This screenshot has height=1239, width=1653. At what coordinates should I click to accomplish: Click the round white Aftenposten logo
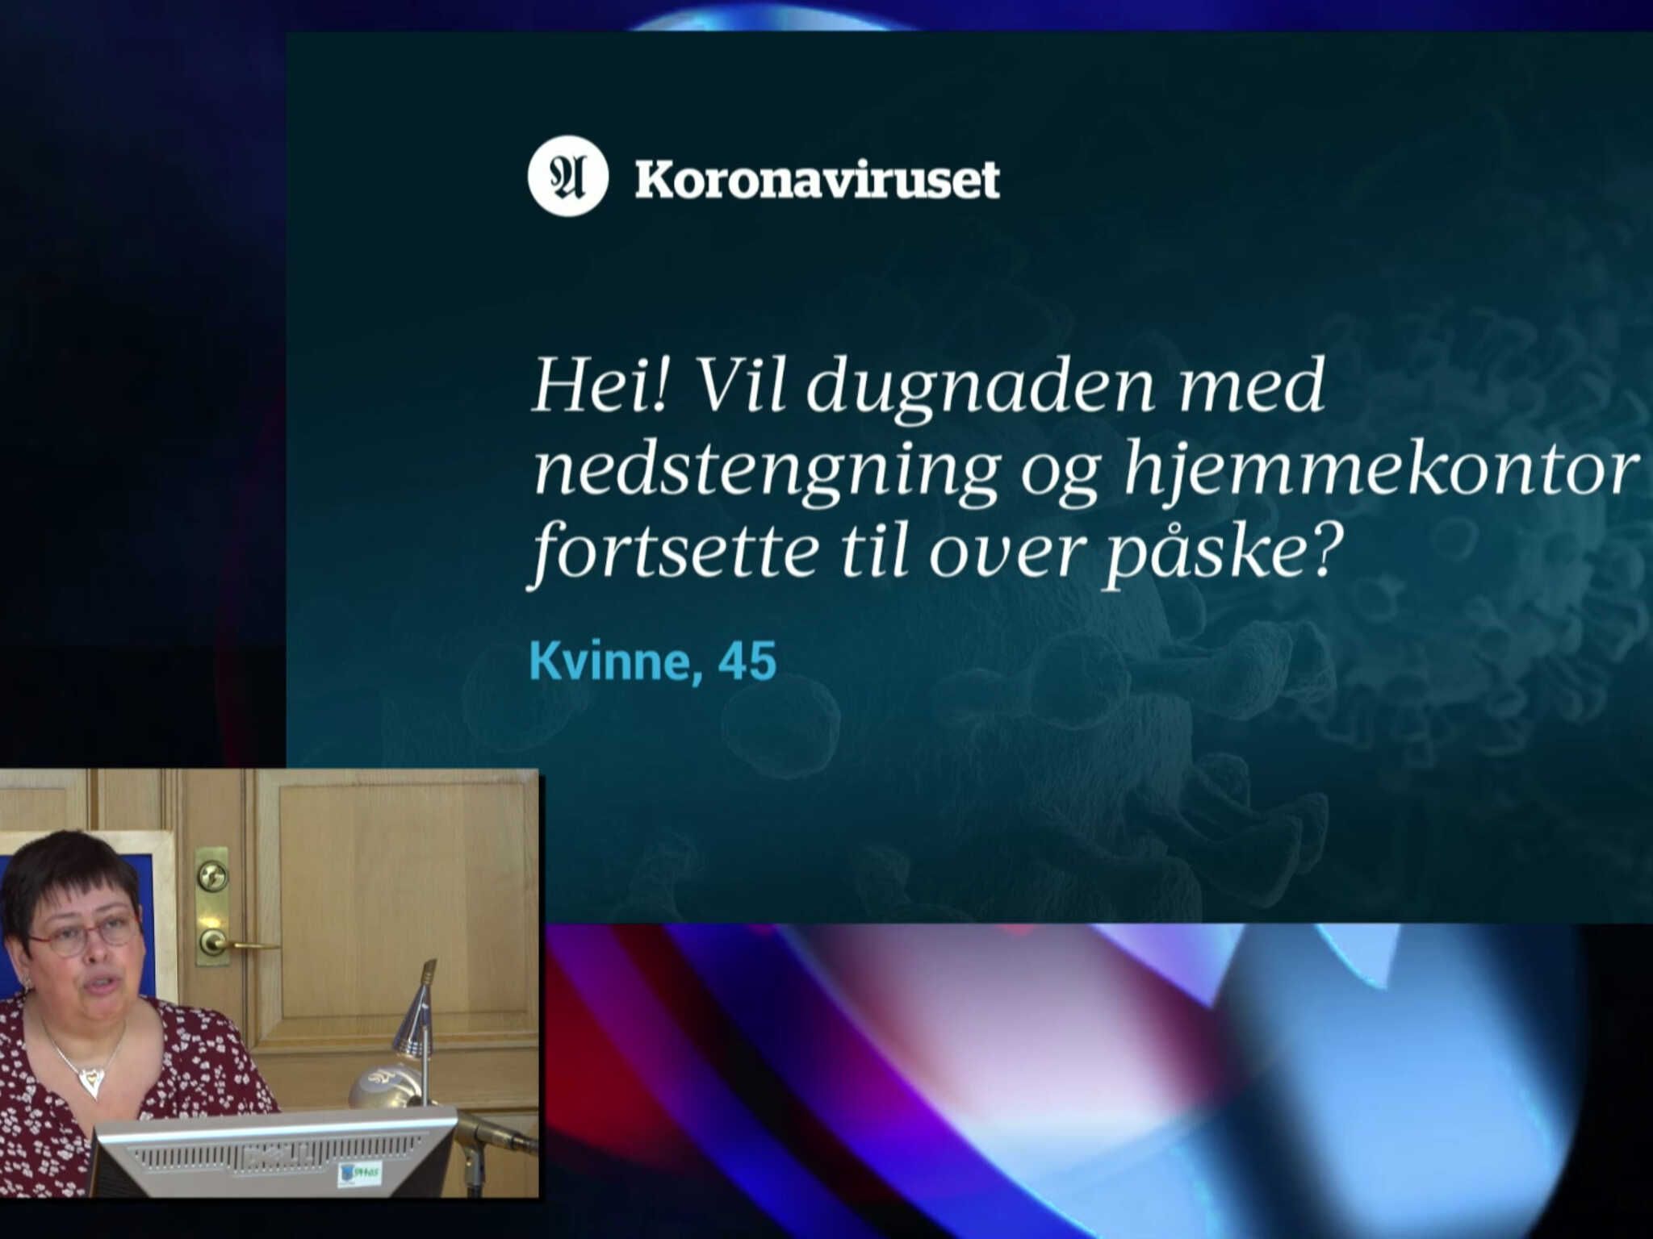coord(567,177)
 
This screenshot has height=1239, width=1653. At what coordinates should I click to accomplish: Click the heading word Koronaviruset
coord(817,179)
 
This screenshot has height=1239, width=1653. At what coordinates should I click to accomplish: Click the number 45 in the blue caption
coord(736,661)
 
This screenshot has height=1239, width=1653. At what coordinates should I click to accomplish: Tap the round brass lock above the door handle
coord(211,875)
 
